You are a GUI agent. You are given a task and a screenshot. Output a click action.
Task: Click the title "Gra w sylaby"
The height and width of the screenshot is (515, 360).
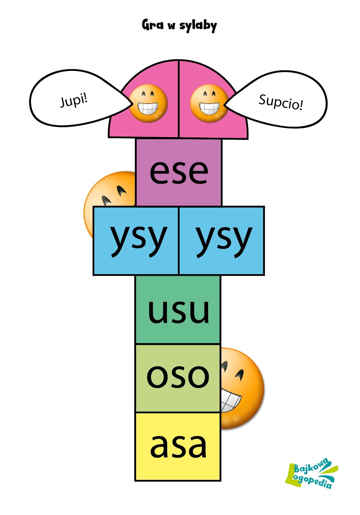point(179,25)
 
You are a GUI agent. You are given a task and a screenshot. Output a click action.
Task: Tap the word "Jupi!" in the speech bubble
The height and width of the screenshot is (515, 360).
point(74,100)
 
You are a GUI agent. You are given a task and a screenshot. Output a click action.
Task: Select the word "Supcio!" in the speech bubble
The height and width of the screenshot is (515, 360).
point(281,102)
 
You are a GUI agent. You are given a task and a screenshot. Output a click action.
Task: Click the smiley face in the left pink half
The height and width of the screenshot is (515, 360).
point(148,103)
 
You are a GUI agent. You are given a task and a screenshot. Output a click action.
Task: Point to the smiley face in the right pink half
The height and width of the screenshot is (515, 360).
point(209,103)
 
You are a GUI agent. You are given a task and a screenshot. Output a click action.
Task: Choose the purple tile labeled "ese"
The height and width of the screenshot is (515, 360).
point(179,172)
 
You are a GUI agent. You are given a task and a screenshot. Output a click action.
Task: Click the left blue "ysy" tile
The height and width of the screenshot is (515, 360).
point(136,241)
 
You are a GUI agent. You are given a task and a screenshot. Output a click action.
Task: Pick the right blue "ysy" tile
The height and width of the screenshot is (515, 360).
point(222,241)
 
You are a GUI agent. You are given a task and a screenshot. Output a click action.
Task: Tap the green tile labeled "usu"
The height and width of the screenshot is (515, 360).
point(178,310)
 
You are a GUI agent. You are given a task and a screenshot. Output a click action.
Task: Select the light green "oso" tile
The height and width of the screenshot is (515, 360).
point(178,378)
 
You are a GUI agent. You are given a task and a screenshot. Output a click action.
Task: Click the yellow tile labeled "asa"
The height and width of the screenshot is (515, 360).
point(178,447)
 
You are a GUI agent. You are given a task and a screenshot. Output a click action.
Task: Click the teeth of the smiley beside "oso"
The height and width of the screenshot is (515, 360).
point(230,400)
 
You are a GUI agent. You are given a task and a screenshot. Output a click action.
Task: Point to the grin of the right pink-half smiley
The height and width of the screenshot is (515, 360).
point(209,108)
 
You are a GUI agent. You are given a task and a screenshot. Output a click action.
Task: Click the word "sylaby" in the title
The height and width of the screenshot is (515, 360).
point(198,26)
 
